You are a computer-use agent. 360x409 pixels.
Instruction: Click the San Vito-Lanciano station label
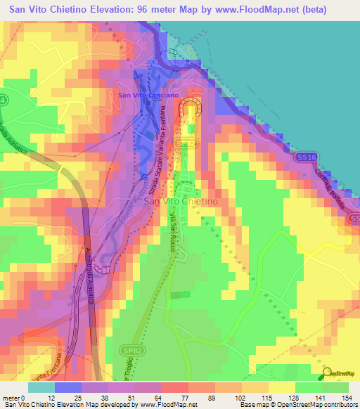(x=148, y=94)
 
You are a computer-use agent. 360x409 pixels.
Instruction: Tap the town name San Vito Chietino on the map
(x=180, y=202)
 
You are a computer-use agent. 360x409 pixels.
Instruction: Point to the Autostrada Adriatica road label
(x=90, y=274)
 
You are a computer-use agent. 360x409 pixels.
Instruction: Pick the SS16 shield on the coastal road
(x=305, y=156)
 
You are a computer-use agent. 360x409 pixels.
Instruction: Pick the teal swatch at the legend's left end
(x=41, y=387)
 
